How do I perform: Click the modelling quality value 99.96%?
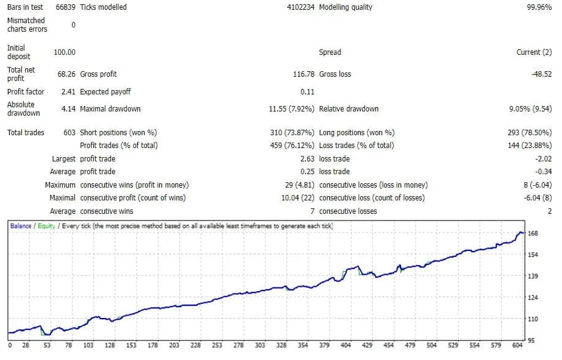pos(539,7)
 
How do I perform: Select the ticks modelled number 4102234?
pos(301,7)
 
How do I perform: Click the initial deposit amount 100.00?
pos(65,52)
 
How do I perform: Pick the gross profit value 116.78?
pos(304,74)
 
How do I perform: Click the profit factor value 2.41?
pos(68,92)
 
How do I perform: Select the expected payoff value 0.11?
pos(307,92)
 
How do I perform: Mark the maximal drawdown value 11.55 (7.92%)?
pos(291,109)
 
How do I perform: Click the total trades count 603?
pos(69,133)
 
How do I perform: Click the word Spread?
pos(330,52)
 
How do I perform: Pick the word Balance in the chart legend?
pos(21,226)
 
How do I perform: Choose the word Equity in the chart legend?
pos(46,226)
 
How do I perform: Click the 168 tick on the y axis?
pos(532,233)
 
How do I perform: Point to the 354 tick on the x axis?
pos(302,345)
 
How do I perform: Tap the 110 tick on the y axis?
pos(532,319)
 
